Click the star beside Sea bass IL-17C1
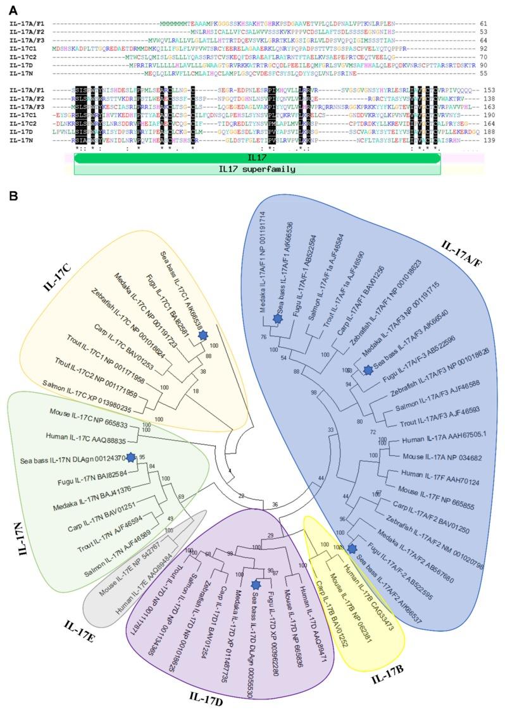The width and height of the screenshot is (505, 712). pos(203,336)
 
